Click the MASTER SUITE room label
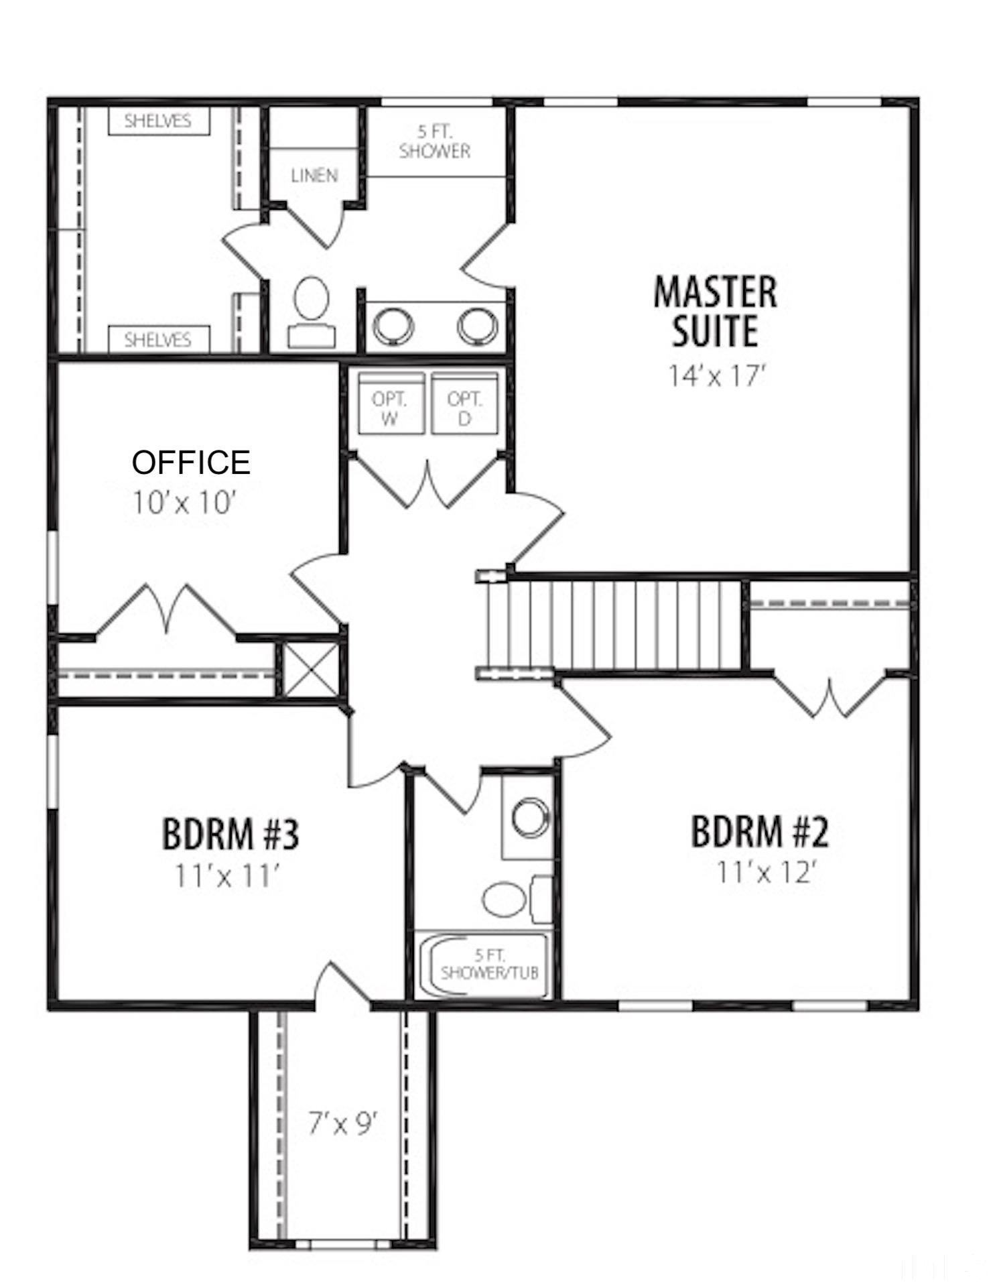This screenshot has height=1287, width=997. [x=715, y=312]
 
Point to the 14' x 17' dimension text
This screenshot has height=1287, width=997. [x=716, y=376]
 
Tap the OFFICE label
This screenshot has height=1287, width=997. [x=191, y=463]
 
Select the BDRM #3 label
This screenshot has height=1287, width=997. [x=230, y=835]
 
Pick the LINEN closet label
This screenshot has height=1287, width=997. [x=314, y=176]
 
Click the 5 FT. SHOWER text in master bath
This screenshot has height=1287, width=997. [x=435, y=142]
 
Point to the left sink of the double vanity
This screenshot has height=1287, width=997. [x=393, y=326]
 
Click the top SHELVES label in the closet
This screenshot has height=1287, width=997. [x=158, y=121]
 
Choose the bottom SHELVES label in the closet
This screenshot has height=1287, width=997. [x=158, y=340]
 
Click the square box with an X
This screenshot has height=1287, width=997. [x=310, y=670]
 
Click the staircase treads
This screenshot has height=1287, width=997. [x=623, y=625]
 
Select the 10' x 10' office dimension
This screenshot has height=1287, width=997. [x=184, y=503]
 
